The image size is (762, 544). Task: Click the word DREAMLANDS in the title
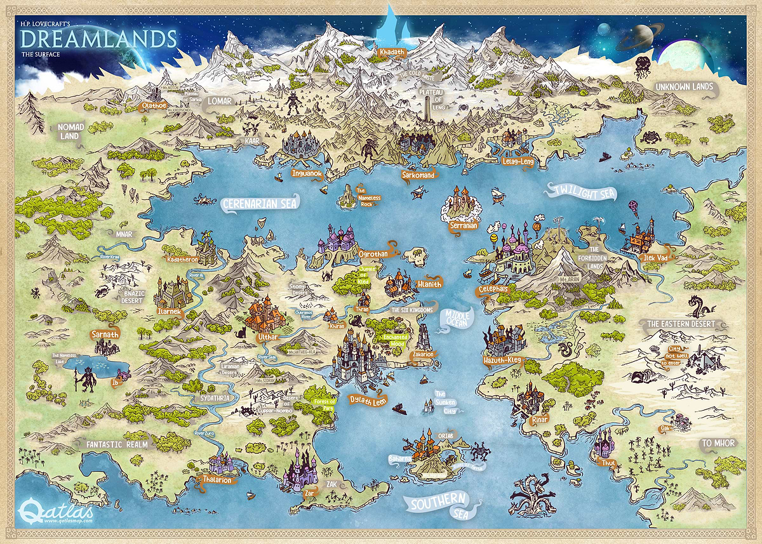[x=98, y=38]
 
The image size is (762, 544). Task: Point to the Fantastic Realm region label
[x=116, y=445]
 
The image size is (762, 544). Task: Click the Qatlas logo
[x=57, y=508]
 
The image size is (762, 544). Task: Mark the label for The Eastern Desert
[x=681, y=324]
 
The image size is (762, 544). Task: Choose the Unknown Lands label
[x=685, y=87]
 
